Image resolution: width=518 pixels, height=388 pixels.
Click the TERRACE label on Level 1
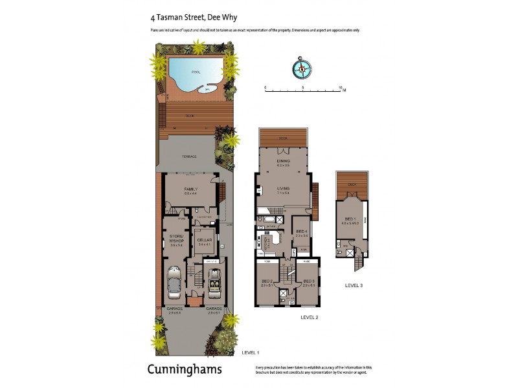coord(188,156)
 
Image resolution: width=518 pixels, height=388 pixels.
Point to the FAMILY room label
coord(190,189)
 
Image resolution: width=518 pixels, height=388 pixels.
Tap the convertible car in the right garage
coord(214,280)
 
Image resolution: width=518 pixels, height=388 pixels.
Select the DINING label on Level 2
coord(283,161)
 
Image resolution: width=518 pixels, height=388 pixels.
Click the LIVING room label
coord(283,189)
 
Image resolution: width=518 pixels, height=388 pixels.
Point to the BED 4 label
coord(300,232)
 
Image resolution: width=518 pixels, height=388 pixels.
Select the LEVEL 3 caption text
coord(355,284)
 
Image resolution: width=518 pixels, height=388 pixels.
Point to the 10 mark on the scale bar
coord(341,87)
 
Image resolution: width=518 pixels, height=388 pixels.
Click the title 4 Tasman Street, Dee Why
coord(185,19)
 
